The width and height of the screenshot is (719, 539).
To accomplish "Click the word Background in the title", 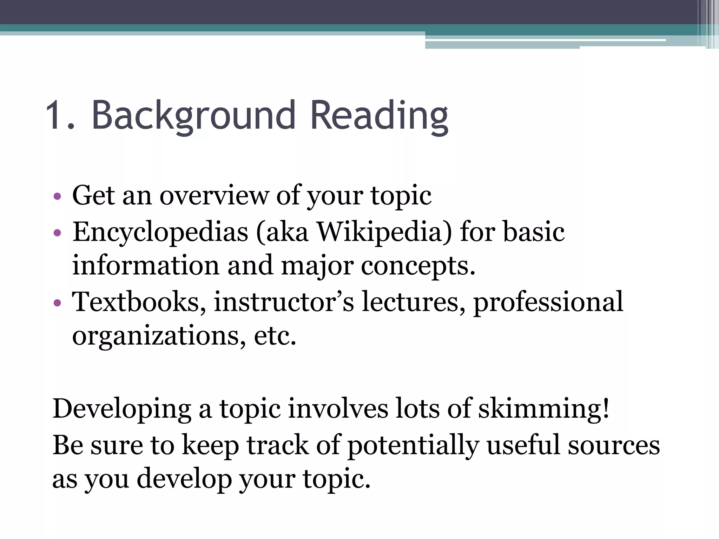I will (193, 115).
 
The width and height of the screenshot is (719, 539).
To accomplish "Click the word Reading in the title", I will (379, 115).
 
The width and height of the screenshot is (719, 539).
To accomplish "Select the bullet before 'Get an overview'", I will (58, 196).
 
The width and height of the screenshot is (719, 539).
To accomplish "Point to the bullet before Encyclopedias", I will (58, 233).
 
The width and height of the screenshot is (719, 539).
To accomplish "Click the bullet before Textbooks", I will (58, 302).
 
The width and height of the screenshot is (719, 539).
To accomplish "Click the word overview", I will (214, 195).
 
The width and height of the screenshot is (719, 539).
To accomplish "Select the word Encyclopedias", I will (160, 233).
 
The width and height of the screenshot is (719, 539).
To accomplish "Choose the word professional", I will (548, 302).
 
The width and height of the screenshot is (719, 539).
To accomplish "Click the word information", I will (146, 266).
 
